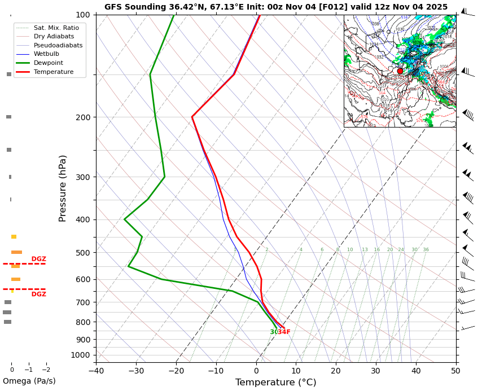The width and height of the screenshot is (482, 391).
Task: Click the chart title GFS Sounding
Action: coord(275,7)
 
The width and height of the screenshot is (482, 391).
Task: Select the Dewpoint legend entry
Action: coord(48,63)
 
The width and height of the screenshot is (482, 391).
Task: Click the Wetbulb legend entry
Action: coord(46,54)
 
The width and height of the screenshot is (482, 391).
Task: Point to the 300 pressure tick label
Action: coord(83,177)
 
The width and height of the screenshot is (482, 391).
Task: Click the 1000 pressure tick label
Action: coord(81,355)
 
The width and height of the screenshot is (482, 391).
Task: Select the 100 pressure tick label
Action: coord(83,15)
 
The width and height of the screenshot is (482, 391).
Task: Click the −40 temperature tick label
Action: coord(96,371)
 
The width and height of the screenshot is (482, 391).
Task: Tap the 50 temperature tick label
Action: coord(455,371)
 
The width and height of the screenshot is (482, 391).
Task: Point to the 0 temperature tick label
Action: coord(256,371)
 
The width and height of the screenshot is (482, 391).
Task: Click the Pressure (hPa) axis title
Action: coord(63,188)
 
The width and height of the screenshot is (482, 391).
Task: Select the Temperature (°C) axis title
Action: coord(275,383)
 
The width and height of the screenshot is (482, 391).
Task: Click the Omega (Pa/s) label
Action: coord(29,381)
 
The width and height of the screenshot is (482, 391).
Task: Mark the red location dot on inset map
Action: coord(400,71)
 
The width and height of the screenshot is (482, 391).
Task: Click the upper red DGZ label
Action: coord(39,260)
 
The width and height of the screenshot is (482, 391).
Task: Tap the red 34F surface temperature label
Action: coord(284,332)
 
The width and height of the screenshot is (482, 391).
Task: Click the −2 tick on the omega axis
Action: coord(46,370)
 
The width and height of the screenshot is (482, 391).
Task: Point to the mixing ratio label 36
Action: coord(426,250)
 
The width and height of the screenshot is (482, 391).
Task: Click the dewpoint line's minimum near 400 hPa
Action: coord(124,219)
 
